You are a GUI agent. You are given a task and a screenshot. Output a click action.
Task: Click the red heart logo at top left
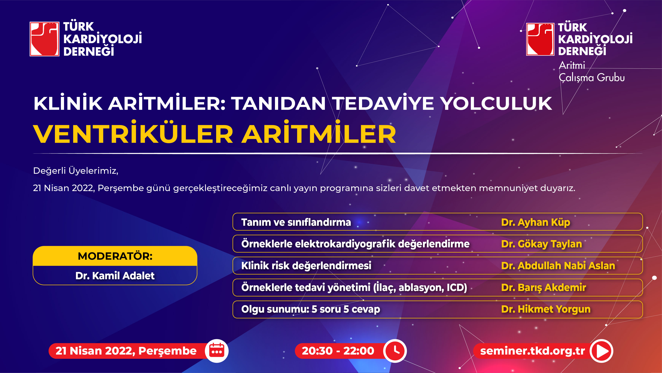[x=44, y=39]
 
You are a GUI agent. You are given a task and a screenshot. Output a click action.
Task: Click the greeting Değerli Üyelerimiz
[x=76, y=171]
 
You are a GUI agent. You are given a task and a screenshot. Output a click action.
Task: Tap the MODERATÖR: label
[x=115, y=256]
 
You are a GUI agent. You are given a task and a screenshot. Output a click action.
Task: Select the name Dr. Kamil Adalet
[x=115, y=276]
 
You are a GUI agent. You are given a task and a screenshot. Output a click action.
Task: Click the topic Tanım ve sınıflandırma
[x=296, y=222]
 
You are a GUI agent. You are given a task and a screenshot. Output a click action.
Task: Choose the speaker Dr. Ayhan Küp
[x=536, y=222]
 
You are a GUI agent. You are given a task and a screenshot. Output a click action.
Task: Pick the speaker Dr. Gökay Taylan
[x=542, y=244]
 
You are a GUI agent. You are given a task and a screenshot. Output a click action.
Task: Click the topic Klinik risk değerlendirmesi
[x=306, y=265]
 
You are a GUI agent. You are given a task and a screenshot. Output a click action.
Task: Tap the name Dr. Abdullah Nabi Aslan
[x=558, y=265]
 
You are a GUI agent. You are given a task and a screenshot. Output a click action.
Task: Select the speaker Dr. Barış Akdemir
[x=544, y=287]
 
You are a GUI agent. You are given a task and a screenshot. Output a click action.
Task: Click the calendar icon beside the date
[x=217, y=351]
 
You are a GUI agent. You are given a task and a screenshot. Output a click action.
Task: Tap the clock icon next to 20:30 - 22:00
[x=395, y=351]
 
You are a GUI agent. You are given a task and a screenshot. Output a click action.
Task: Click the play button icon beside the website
[x=601, y=351]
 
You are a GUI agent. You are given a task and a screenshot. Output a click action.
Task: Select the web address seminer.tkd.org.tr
[x=532, y=351]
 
